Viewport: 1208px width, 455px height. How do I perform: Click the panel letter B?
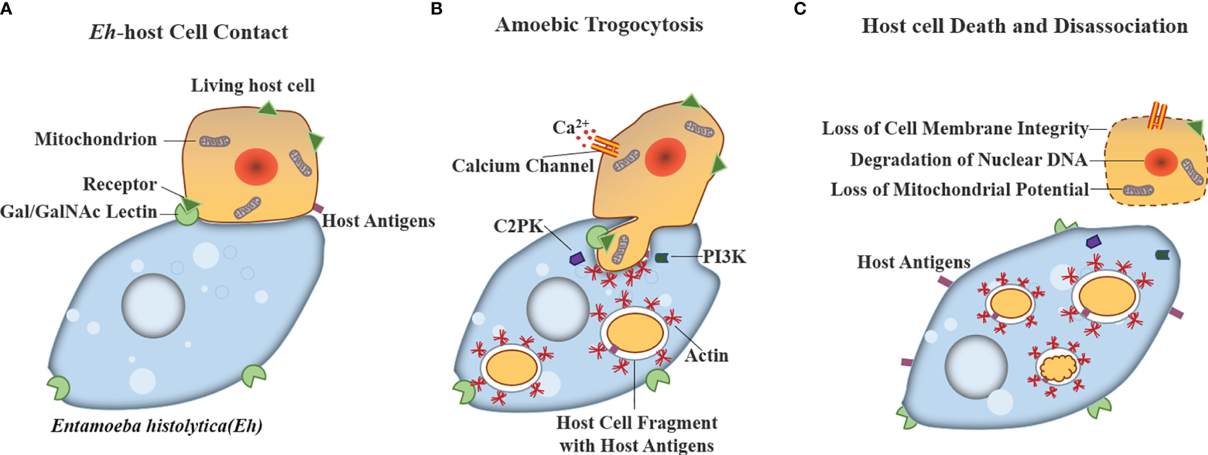point(437,9)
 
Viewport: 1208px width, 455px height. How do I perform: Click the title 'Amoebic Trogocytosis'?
point(599,25)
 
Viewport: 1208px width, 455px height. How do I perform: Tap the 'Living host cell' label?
point(253,86)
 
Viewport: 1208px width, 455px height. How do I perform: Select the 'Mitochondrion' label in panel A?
point(96,139)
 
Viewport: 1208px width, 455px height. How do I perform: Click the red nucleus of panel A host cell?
point(256,166)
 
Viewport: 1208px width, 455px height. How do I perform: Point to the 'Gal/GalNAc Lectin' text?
point(79,212)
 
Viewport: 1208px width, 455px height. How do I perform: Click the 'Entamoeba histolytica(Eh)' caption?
point(156,426)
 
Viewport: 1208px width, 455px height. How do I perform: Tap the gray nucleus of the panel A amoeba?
point(153,305)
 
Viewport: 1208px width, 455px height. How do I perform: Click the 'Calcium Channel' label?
point(523,166)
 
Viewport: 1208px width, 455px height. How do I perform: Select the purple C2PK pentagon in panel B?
point(577,258)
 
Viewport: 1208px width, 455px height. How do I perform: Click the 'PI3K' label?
point(724,257)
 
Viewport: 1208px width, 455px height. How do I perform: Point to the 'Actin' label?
point(706,356)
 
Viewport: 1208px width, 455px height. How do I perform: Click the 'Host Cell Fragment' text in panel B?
point(636,423)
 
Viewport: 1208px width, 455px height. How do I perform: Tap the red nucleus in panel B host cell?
point(665,157)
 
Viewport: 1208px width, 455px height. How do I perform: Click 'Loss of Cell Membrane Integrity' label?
point(955,129)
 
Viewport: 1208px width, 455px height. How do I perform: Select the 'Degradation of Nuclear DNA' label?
point(969,160)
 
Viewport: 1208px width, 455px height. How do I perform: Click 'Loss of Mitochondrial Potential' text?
point(960,190)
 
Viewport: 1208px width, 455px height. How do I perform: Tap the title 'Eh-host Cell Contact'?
point(189,32)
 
